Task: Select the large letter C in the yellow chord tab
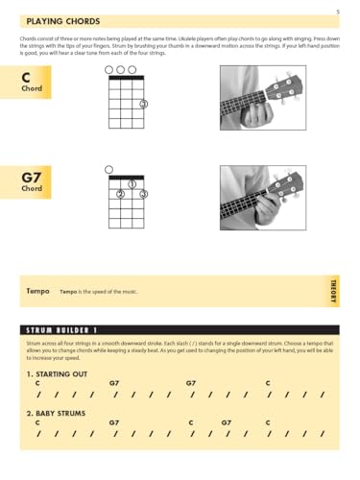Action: (x=26, y=76)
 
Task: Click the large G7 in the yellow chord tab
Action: (x=31, y=177)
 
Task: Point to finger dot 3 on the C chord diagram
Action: (x=143, y=104)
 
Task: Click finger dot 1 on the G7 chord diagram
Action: (x=132, y=183)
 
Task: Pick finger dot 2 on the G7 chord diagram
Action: (x=121, y=194)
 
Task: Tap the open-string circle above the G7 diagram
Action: (x=109, y=169)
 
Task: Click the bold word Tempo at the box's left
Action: (x=37, y=290)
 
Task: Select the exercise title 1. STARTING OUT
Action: (x=57, y=372)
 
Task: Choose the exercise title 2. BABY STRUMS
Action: (x=57, y=413)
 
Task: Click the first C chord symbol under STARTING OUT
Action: (x=37, y=383)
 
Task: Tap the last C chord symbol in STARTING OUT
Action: (x=268, y=383)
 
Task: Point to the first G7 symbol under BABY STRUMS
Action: (x=114, y=422)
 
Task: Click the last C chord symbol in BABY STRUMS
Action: (x=268, y=422)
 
